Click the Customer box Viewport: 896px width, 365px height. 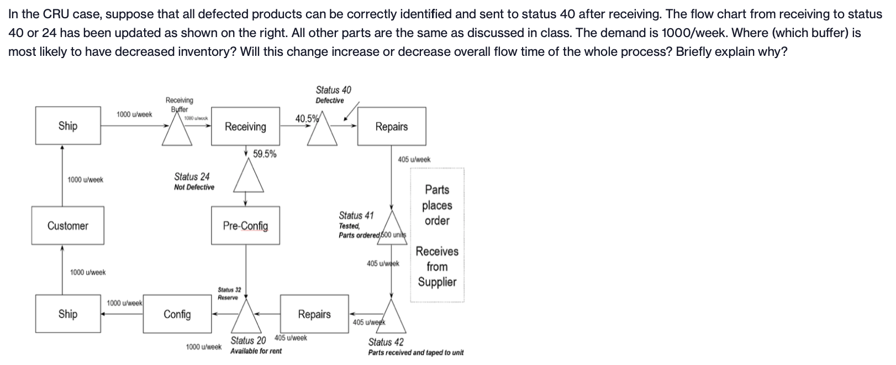coord(67,226)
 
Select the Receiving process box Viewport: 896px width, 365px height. coord(245,127)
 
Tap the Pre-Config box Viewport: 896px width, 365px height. coord(245,226)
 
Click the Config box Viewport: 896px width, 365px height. coord(177,314)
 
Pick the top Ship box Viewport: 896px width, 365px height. coord(67,126)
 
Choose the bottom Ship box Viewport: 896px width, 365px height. coord(67,314)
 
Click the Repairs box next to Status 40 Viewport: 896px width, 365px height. coord(391,127)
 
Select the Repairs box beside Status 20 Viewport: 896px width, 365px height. coord(314,314)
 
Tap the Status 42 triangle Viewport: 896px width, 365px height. coord(391,318)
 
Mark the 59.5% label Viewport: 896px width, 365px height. coord(265,154)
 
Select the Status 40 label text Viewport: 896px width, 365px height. coord(333,90)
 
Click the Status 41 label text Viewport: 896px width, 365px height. coord(356,216)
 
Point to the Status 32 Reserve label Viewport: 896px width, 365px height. coord(229,294)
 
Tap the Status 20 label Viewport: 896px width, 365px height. coord(248,341)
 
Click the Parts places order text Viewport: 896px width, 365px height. coord(437,205)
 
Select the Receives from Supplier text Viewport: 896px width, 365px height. coord(437,267)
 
